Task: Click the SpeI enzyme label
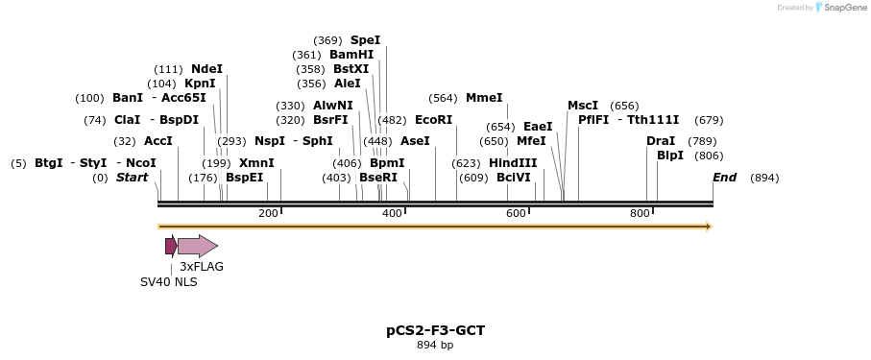click(x=365, y=40)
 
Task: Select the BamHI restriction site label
click(x=351, y=55)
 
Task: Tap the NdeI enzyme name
click(x=206, y=69)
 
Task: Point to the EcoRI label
click(x=433, y=120)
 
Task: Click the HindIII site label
click(x=513, y=163)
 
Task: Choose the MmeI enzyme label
click(x=484, y=98)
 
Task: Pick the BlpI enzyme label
click(x=670, y=156)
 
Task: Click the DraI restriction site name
click(x=661, y=141)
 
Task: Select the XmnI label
click(x=256, y=163)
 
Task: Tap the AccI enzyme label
click(x=158, y=141)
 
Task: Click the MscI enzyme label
click(x=583, y=106)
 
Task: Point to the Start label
click(x=133, y=178)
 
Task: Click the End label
click(x=724, y=178)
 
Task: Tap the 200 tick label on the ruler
click(x=268, y=213)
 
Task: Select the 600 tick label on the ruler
click(x=516, y=213)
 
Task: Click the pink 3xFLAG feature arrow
click(x=198, y=246)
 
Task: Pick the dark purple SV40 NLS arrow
click(x=171, y=246)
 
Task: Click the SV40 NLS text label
click(x=169, y=282)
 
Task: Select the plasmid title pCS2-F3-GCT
click(x=435, y=330)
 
